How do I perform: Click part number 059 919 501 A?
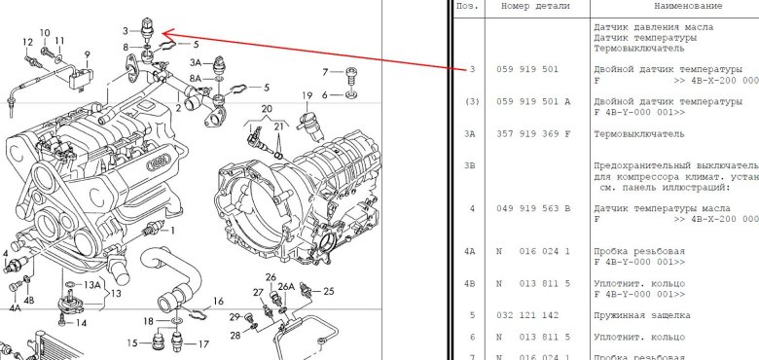(533, 101)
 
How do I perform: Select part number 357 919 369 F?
(533, 133)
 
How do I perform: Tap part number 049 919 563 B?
(533, 208)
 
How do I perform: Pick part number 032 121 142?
(527, 315)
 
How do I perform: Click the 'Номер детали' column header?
(535, 6)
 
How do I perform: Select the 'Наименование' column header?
(688, 6)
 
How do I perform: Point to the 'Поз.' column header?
(467, 6)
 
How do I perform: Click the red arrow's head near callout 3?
(164, 33)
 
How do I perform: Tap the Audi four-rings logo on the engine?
(159, 162)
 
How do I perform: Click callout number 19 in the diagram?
(307, 95)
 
